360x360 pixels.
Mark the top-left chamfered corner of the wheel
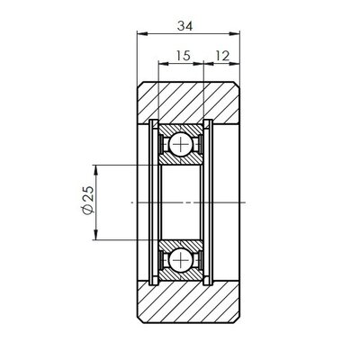pyautogui.click(x=140, y=84)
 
